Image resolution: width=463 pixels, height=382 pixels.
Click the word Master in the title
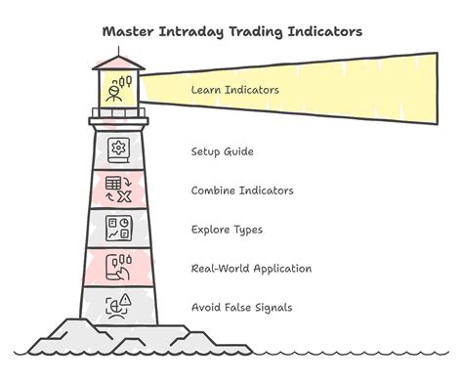click(x=129, y=31)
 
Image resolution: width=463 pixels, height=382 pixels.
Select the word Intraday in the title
click(x=194, y=31)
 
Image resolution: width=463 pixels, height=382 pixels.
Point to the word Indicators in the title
click(x=326, y=31)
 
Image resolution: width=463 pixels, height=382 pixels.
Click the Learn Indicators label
click(x=235, y=91)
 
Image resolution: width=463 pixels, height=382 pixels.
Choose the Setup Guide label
click(x=223, y=151)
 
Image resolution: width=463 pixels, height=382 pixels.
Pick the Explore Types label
click(x=227, y=230)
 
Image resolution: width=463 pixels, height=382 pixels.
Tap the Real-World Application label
click(x=252, y=269)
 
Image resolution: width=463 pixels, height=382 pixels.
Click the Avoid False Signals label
click(x=241, y=308)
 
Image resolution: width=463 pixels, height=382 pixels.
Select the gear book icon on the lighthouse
click(x=119, y=150)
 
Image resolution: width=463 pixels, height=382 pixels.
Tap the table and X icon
click(x=119, y=190)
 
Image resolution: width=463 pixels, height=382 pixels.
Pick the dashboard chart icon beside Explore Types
click(x=119, y=229)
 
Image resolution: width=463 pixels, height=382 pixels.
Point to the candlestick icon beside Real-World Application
click(x=119, y=268)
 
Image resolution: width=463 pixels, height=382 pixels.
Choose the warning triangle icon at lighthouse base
click(x=119, y=307)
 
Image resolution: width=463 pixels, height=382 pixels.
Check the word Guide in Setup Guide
click(x=238, y=151)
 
